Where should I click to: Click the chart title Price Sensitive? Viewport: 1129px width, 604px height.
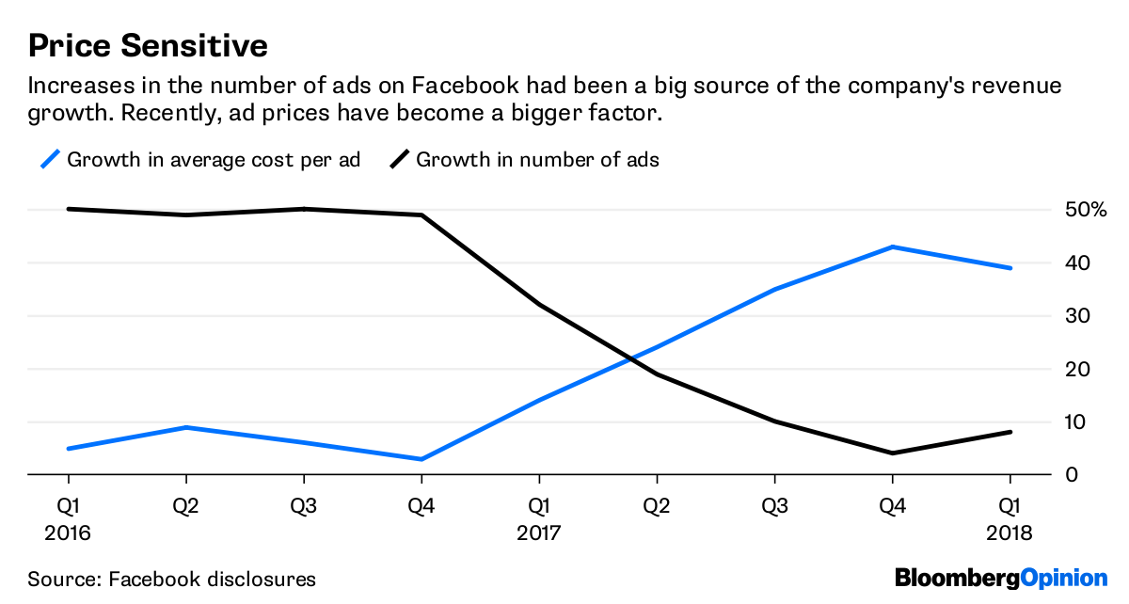(148, 45)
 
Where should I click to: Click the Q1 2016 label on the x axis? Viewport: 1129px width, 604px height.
(68, 519)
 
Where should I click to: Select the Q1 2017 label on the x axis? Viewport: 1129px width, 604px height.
(538, 519)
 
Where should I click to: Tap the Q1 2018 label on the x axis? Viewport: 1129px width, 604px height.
(1010, 519)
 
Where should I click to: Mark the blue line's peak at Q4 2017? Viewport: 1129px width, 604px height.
(892, 246)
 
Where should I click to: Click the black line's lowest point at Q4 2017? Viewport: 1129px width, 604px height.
(892, 453)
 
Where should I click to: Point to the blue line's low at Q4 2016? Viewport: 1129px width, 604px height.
(421, 459)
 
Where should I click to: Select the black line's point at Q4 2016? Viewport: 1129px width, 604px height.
(421, 215)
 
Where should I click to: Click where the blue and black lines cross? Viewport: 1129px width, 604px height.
(632, 359)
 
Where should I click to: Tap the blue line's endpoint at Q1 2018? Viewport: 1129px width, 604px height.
(1010, 268)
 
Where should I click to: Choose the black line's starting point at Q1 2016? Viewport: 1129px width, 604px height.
(68, 209)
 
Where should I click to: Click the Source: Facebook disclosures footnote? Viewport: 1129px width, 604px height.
(171, 579)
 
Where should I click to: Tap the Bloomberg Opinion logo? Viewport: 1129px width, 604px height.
(1001, 577)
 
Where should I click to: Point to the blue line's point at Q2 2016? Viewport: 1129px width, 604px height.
(185, 427)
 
